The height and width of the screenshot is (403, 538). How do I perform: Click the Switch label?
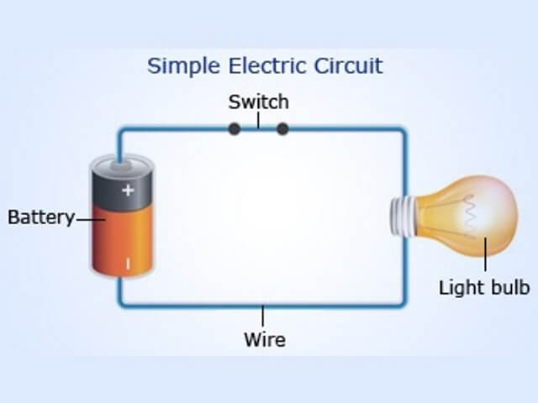pos(259,102)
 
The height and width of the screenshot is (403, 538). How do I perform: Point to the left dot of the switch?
pos(235,128)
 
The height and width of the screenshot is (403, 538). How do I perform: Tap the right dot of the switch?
pos(282,128)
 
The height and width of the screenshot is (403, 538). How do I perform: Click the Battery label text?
pos(40,217)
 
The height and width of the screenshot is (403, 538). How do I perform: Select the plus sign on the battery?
pos(128,190)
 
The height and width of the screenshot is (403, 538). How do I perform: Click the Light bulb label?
pos(484,288)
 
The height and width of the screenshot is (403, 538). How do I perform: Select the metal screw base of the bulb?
pos(400,216)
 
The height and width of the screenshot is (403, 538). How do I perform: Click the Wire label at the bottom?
pos(264,340)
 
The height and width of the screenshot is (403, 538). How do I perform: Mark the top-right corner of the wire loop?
pos(404,129)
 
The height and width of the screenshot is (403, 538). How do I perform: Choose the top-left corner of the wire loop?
pos(120,129)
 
